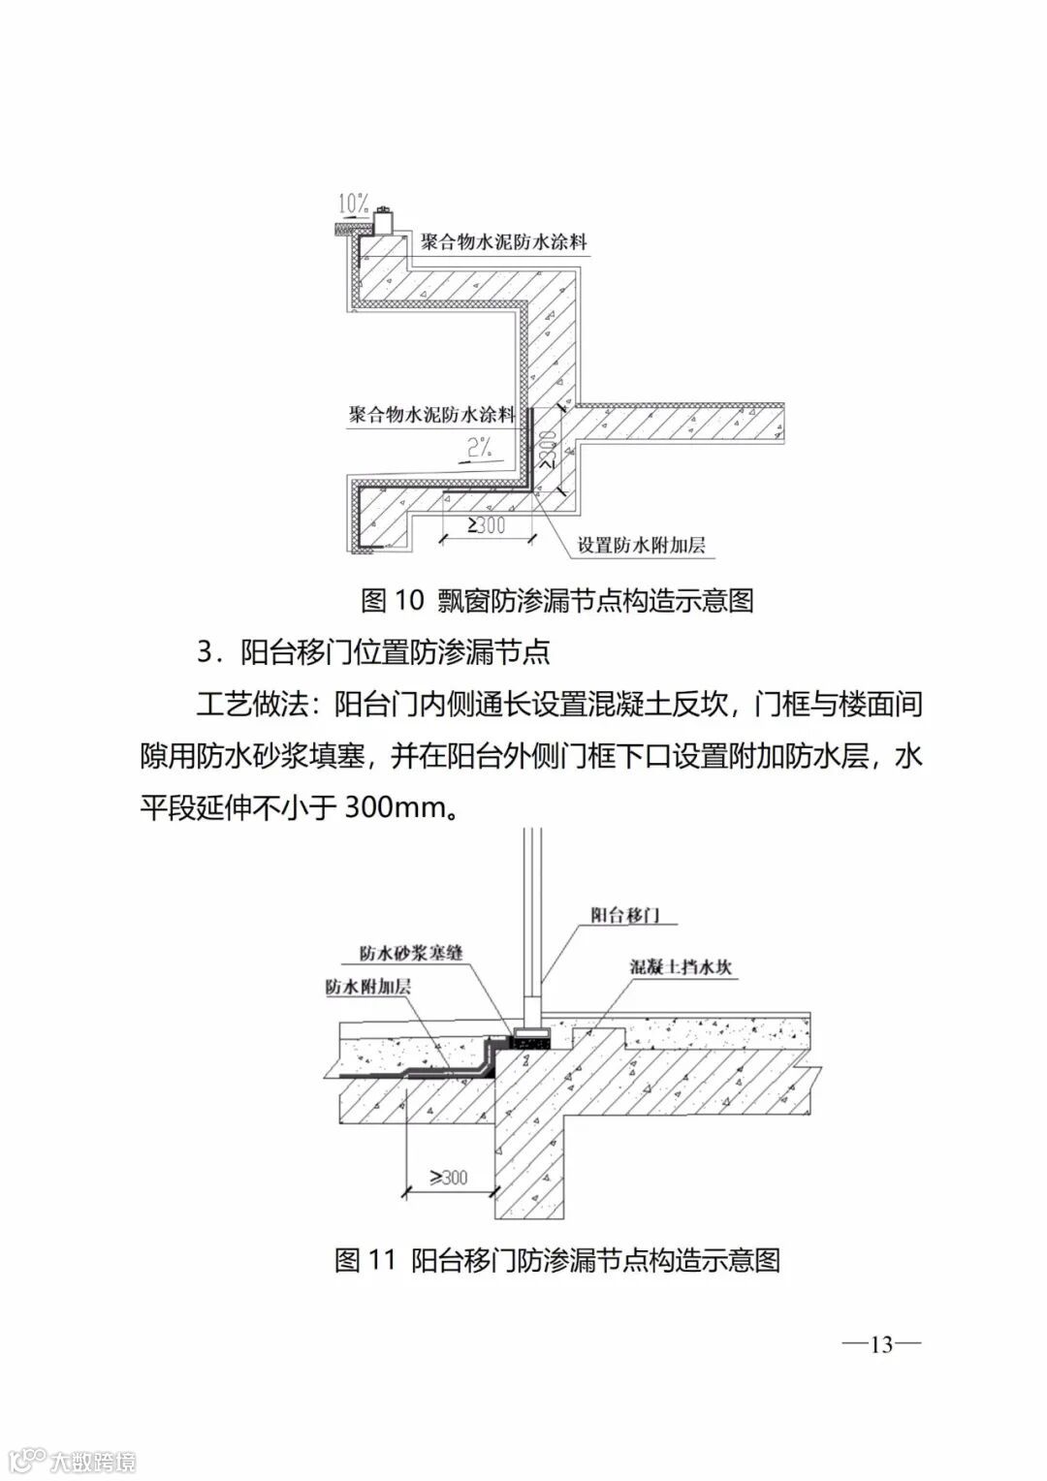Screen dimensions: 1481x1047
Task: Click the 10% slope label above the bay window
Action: tap(353, 205)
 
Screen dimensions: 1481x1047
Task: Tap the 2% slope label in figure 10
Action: tap(480, 448)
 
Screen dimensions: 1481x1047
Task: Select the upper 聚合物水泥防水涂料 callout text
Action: tap(503, 242)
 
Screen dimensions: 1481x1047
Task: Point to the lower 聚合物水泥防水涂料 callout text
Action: tap(432, 415)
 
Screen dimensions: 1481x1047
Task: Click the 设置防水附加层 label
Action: tap(641, 545)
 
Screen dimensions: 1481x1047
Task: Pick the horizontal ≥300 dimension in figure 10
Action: tap(486, 525)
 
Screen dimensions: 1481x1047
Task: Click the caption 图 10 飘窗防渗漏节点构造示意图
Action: tap(557, 600)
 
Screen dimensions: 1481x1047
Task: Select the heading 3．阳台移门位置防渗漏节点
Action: tap(373, 651)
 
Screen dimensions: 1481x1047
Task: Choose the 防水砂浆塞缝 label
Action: tap(411, 953)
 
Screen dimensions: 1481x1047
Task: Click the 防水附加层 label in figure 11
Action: tap(368, 987)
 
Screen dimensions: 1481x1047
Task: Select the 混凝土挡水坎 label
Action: tap(681, 966)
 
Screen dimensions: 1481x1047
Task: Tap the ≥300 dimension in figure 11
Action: tap(449, 1178)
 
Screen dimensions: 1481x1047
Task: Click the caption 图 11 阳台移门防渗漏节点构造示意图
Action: tap(557, 1260)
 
